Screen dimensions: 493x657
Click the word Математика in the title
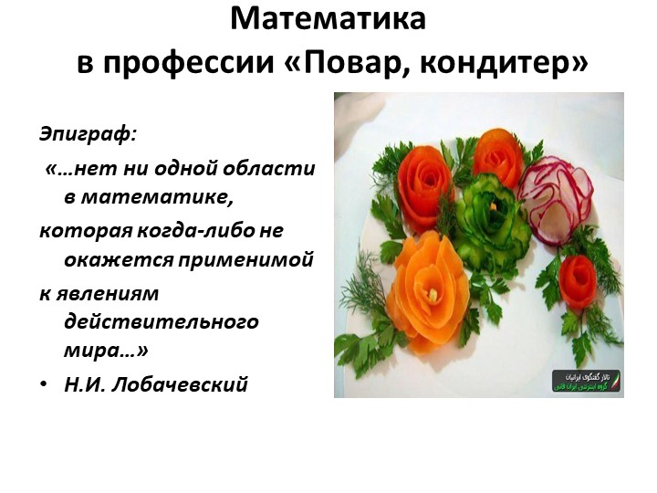pyautogui.click(x=328, y=20)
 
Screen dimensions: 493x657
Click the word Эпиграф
pyautogui.click(x=88, y=134)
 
